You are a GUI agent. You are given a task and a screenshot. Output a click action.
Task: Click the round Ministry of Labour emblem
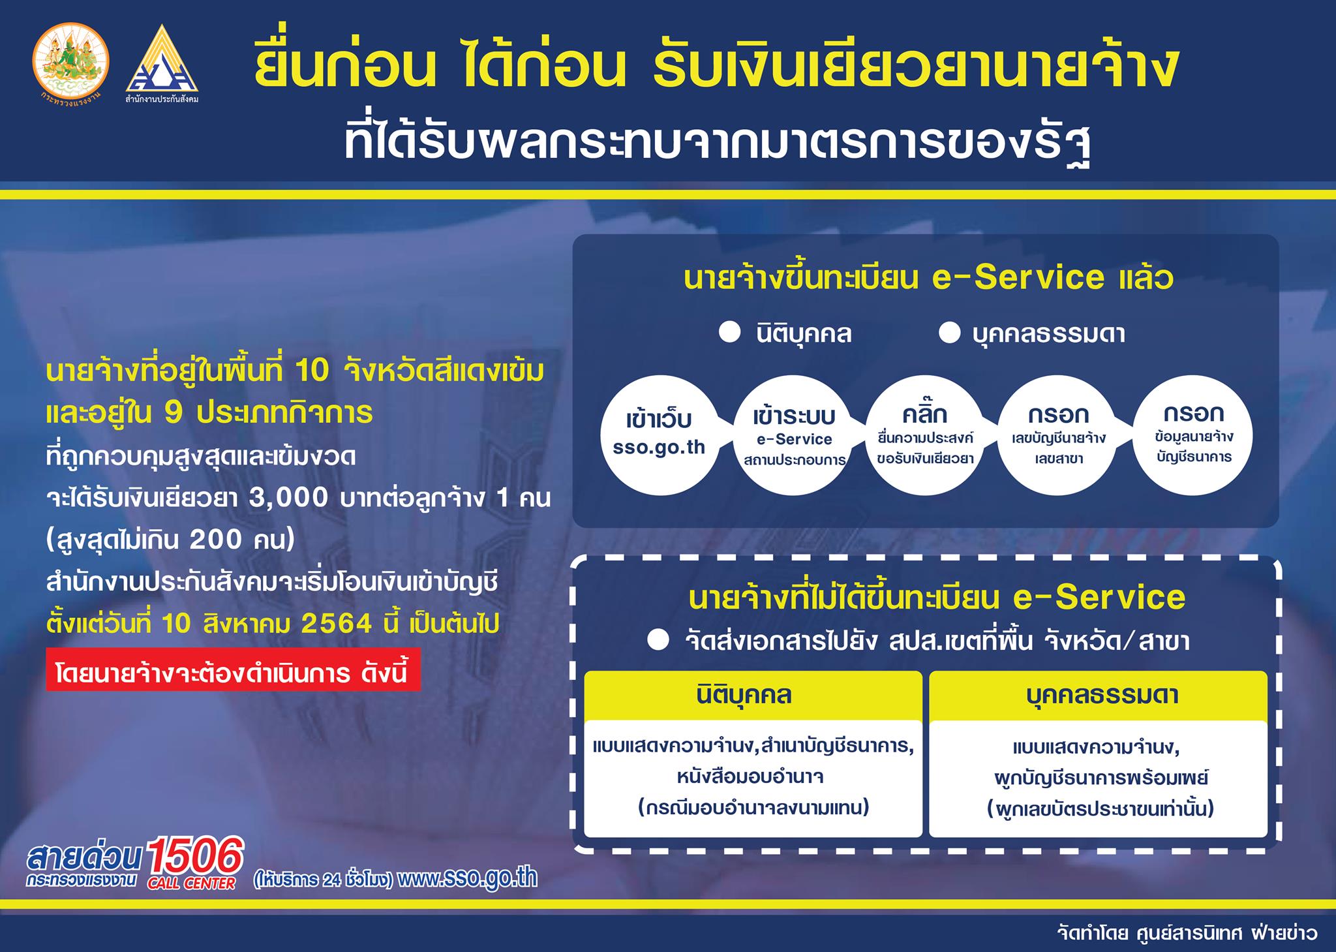coord(70,65)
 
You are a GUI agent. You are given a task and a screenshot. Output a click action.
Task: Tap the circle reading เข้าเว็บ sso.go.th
coord(659,433)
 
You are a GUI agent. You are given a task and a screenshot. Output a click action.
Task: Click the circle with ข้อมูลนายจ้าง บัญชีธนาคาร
coord(1194,433)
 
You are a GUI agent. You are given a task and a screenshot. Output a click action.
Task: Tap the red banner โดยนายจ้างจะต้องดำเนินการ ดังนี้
coord(233,671)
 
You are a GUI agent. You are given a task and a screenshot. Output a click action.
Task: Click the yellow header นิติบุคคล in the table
coord(753,695)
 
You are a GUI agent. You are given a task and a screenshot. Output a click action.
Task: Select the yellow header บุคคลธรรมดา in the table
coord(1098,695)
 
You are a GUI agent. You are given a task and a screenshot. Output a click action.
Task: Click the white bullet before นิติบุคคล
coord(729,333)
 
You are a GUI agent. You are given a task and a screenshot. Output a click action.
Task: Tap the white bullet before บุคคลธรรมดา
coord(949,333)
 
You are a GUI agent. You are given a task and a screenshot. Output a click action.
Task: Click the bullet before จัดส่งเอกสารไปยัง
coord(658,640)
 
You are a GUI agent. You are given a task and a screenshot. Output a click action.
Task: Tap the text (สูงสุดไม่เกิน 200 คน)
coord(171,541)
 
